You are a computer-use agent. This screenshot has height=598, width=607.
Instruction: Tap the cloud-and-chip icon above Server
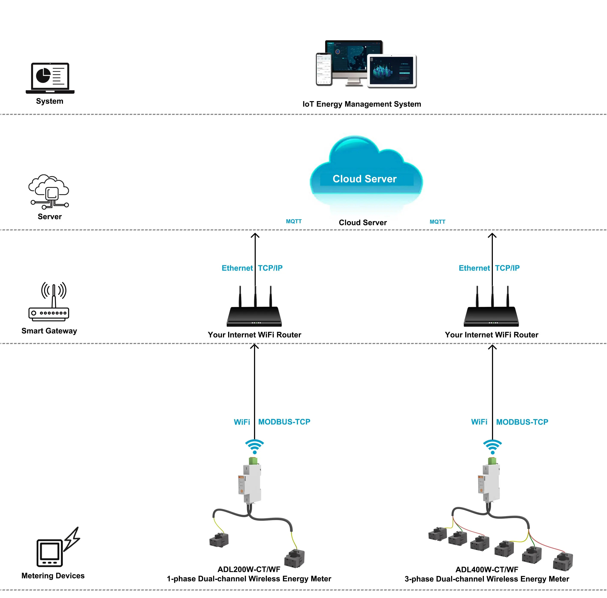(49, 191)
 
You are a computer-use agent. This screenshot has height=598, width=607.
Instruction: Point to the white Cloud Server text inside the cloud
(365, 179)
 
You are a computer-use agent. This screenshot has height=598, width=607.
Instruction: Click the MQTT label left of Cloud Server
(293, 221)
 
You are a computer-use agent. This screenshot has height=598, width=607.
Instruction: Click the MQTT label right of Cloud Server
(437, 222)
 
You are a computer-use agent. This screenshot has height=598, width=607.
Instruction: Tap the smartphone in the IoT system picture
(324, 69)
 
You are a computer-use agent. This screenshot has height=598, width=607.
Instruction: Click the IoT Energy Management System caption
(362, 104)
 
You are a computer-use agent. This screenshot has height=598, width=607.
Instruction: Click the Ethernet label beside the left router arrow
(237, 268)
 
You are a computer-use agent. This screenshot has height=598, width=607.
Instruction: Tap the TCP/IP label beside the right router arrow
(507, 268)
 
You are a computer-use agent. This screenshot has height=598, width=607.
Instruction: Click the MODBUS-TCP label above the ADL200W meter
(284, 421)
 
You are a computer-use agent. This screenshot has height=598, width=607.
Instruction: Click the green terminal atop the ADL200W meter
(253, 461)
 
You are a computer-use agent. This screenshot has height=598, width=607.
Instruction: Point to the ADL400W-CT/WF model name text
(487, 569)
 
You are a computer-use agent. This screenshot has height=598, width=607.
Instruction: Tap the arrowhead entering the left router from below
(254, 346)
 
